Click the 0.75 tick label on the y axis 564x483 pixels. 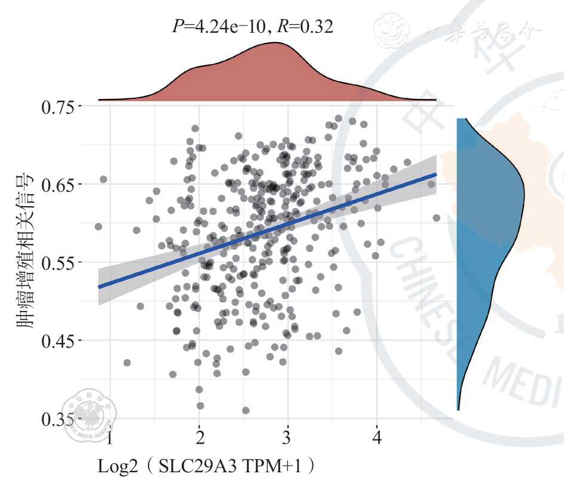(x=58, y=107)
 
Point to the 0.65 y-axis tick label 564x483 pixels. (x=58, y=185)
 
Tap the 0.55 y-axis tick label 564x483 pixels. (x=58, y=263)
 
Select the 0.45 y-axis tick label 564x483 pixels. (x=58, y=341)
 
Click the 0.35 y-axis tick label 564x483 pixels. (x=58, y=419)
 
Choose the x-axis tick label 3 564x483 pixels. (x=288, y=439)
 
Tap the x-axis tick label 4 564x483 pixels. (x=377, y=439)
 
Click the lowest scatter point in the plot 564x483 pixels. (x=246, y=410)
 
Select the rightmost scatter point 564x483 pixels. (x=436, y=218)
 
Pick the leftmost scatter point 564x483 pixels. (x=98, y=226)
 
